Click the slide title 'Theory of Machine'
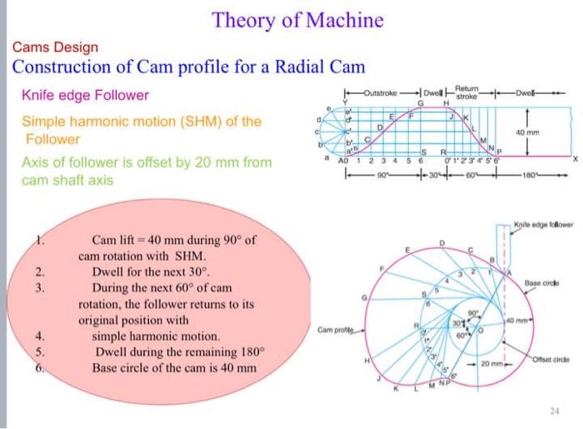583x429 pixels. coord(297,20)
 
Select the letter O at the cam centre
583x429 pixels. coord(481,331)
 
